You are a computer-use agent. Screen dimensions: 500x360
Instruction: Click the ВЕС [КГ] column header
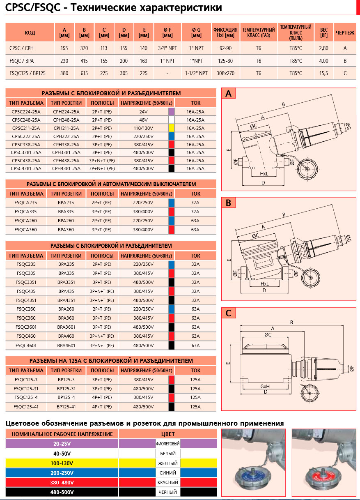323,32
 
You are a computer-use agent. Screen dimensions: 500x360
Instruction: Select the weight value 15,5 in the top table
323,73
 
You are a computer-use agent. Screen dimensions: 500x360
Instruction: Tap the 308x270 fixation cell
225,73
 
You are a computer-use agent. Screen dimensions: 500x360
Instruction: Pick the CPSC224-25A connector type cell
26,111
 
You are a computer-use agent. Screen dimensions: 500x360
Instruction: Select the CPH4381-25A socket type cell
66,168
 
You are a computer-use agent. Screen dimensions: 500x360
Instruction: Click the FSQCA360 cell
26,230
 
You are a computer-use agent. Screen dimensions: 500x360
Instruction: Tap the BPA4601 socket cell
66,346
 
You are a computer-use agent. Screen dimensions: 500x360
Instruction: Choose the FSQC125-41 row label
26,406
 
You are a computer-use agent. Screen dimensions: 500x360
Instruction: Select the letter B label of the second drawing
229,203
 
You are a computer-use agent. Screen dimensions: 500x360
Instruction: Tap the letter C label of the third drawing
229,313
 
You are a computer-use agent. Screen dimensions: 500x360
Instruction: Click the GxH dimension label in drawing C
265,387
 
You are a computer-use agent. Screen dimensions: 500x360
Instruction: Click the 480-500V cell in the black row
62,492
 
